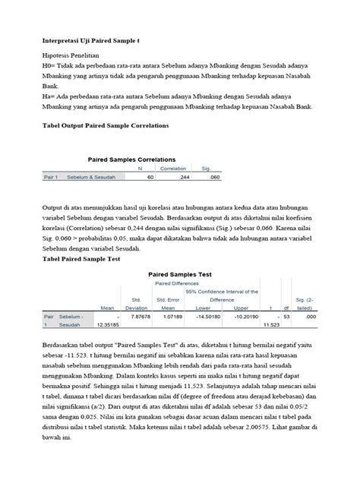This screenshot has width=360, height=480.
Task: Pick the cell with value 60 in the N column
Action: [x=150, y=176]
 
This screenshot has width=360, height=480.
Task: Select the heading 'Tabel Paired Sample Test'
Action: [x=82, y=258]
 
